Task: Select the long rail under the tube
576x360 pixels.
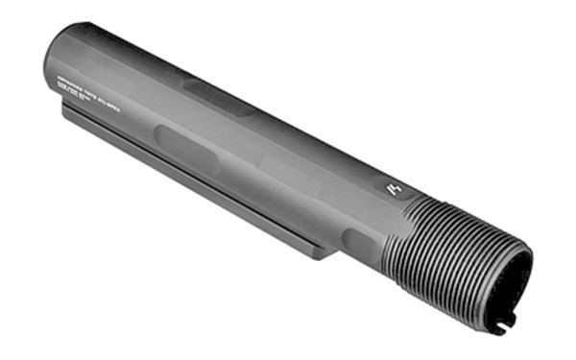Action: pos(192,178)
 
